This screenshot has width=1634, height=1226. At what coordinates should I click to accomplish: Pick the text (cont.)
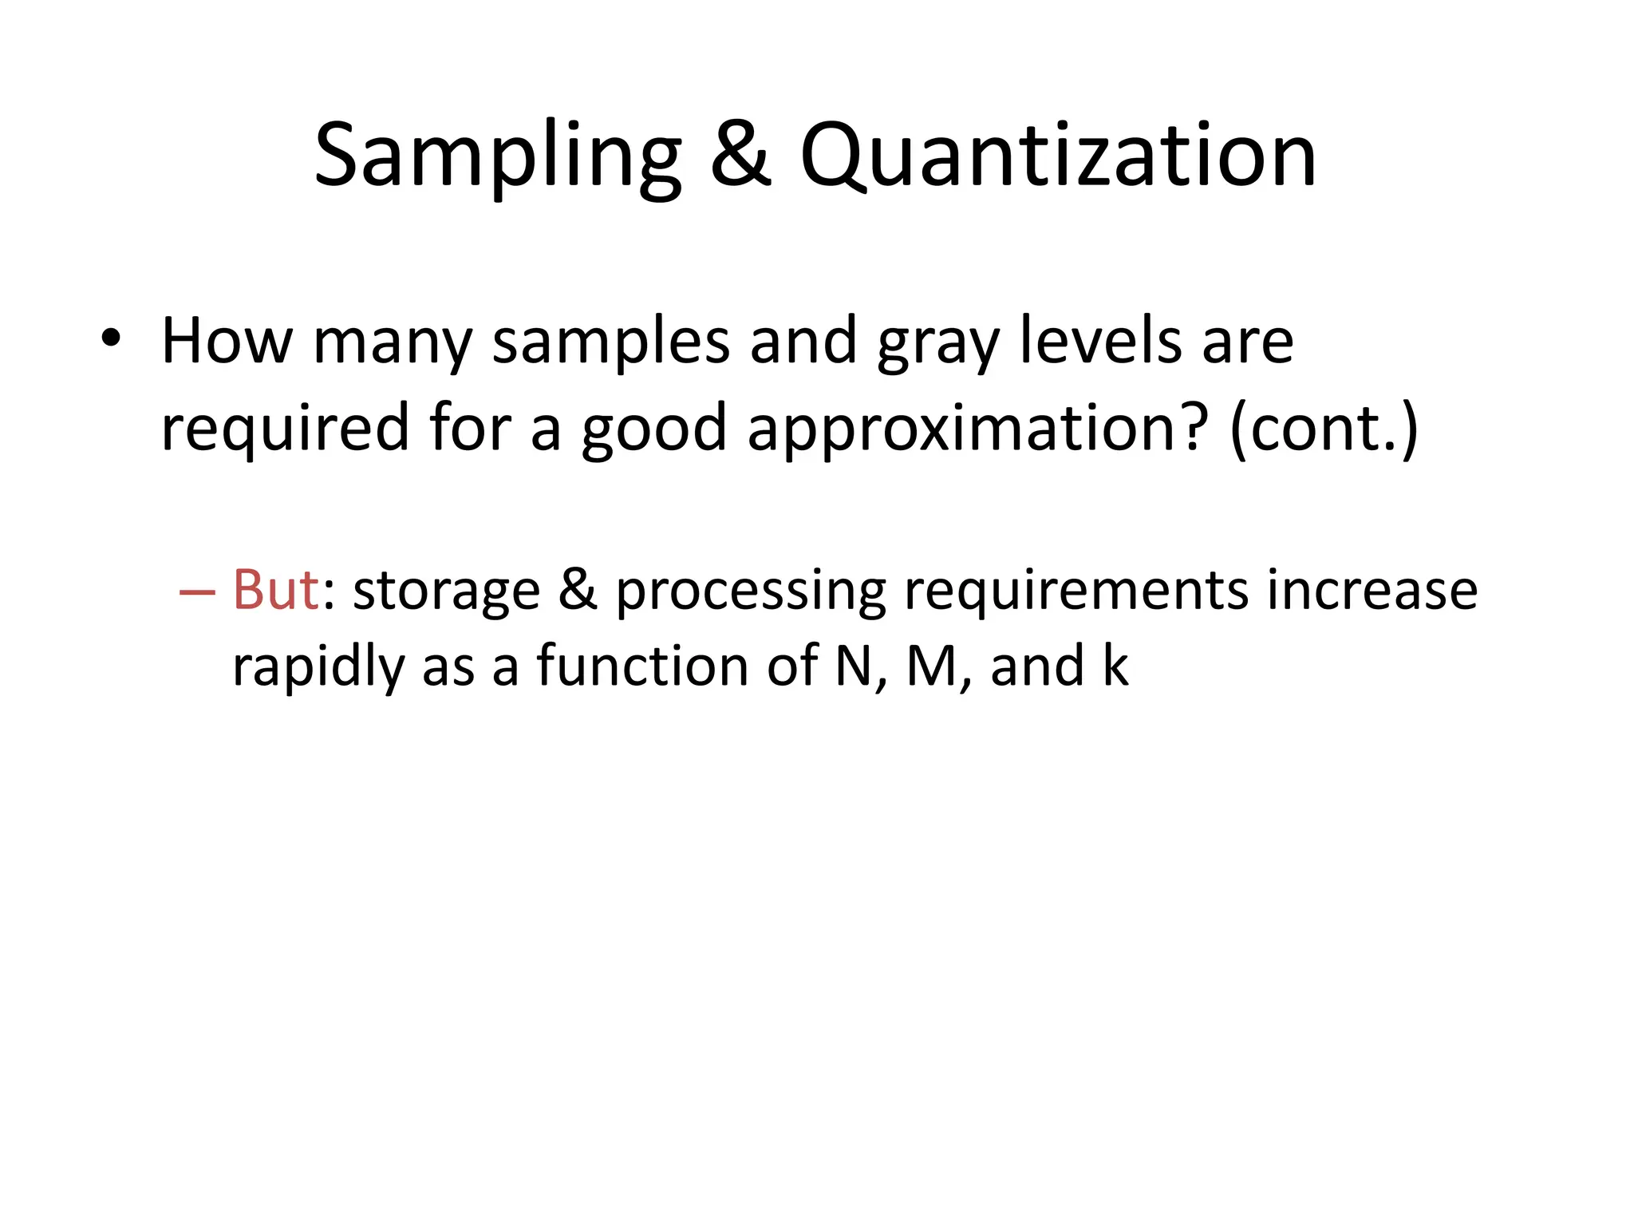click(x=1324, y=429)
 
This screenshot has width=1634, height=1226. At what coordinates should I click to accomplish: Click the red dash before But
click(x=197, y=591)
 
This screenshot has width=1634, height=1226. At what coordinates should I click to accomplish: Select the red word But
click(x=276, y=591)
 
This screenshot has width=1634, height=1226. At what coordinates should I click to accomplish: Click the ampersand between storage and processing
click(x=578, y=591)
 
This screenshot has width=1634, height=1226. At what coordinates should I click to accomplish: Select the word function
click(x=642, y=666)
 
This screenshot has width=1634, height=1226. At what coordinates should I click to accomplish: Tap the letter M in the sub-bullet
click(x=932, y=666)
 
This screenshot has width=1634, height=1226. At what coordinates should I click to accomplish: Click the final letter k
click(x=1115, y=666)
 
